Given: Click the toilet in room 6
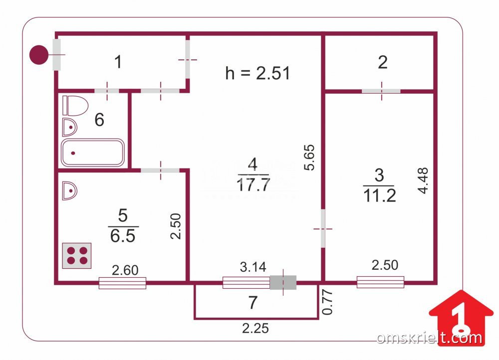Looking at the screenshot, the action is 75,106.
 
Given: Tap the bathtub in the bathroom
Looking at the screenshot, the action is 93,153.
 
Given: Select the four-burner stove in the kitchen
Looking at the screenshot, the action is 77,256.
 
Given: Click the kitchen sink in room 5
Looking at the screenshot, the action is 70,191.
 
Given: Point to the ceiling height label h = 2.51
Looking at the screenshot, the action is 257,73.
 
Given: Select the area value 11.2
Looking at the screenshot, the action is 379,195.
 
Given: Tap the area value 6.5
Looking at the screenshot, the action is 123,236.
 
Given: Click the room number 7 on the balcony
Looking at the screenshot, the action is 252,303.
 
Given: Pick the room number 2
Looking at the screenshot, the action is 383,62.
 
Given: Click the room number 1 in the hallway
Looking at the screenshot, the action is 118,62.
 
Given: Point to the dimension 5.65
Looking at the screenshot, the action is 309,158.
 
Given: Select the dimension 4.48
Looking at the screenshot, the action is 423,180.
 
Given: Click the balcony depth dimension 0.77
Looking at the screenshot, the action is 327,302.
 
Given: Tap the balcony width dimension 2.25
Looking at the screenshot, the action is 255,328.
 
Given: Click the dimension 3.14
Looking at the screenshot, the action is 253,267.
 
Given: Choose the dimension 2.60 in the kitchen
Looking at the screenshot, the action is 125,270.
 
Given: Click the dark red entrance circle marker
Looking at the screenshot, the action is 39,55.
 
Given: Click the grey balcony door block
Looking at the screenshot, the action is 283,282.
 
